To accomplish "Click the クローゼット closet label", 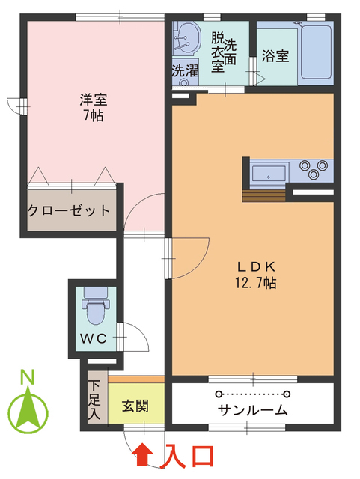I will [x=69, y=210].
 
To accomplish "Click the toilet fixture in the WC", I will [x=94, y=305].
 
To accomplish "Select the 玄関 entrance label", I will [x=135, y=407].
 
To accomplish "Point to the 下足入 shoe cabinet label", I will [x=95, y=398].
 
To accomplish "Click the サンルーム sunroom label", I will [x=253, y=410].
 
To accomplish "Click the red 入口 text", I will [x=190, y=454].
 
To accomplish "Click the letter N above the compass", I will [x=28, y=376].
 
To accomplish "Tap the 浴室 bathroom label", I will [x=275, y=57].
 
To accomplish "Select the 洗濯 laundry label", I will [x=185, y=72].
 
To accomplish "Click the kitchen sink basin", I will [x=268, y=174].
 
